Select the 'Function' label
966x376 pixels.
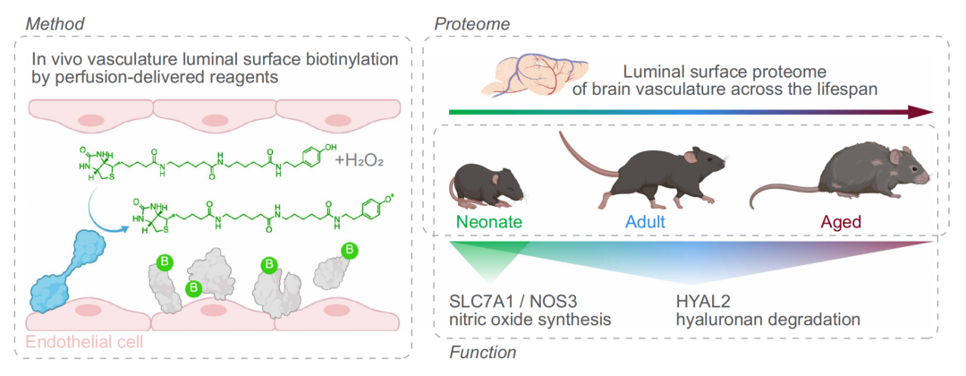pyautogui.click(x=484, y=354)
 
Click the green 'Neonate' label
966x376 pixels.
pyautogui.click(x=488, y=220)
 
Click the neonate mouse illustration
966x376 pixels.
pyautogui.click(x=485, y=184)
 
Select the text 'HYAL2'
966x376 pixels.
pyautogui.click(x=701, y=301)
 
